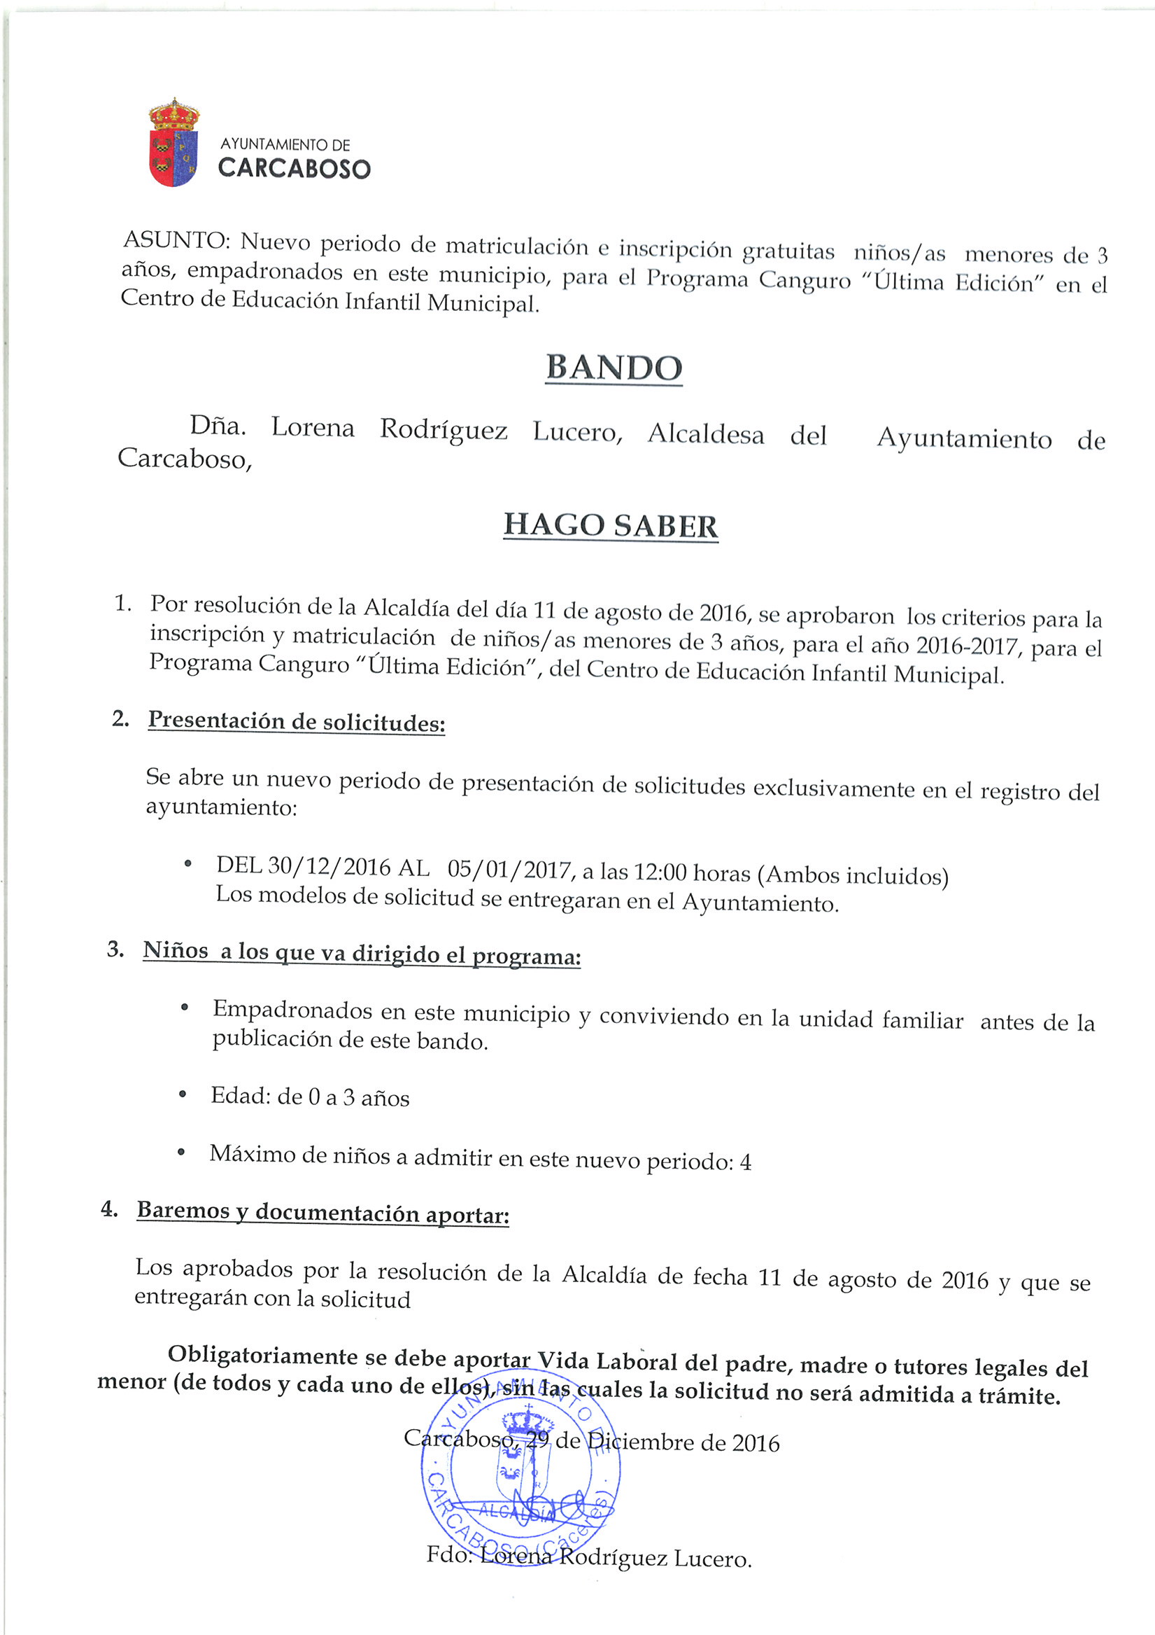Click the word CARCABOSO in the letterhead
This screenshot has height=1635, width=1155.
pyautogui.click(x=294, y=168)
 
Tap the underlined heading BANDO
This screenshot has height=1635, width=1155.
pyautogui.click(x=614, y=368)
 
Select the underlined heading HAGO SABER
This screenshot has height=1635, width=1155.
pyautogui.click(x=611, y=526)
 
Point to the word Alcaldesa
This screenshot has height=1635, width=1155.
pyautogui.click(x=705, y=433)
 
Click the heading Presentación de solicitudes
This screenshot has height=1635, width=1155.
pyautogui.click(x=296, y=721)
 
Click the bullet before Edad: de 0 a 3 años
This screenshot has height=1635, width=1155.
pyautogui.click(x=183, y=1094)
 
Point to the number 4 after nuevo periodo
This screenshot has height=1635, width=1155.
pyautogui.click(x=745, y=1163)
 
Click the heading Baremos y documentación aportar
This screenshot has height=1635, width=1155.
pyautogui.click(x=323, y=1212)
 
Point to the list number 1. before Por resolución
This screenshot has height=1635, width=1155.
pyautogui.click(x=122, y=603)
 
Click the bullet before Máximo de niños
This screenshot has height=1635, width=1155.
pyautogui.click(x=181, y=1151)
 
